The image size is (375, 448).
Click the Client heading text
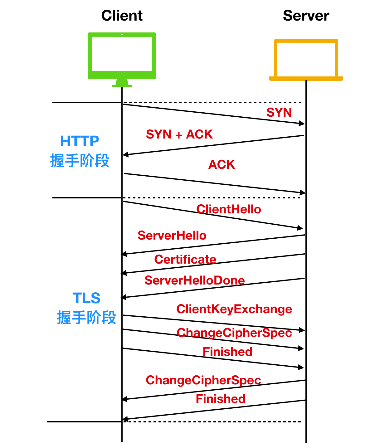(122, 16)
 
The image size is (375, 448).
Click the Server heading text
(306, 16)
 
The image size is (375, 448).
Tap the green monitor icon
(122, 56)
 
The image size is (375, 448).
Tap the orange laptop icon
(306, 59)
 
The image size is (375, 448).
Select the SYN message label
(279, 112)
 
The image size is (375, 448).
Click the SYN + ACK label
(179, 134)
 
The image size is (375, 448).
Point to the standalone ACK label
(222, 165)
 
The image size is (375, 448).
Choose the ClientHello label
(229, 209)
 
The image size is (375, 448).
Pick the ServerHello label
(172, 236)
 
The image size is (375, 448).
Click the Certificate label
(185, 260)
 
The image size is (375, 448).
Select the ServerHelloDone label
(194, 280)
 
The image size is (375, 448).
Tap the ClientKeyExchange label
(234, 309)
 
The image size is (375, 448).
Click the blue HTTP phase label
(80, 141)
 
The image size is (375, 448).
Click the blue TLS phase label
(86, 298)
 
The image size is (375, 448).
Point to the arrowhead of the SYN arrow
(302, 124)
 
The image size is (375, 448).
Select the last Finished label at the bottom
(221, 399)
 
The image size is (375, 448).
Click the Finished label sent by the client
(227, 352)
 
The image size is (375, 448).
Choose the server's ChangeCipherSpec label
(203, 380)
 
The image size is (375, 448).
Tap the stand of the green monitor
(122, 83)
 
